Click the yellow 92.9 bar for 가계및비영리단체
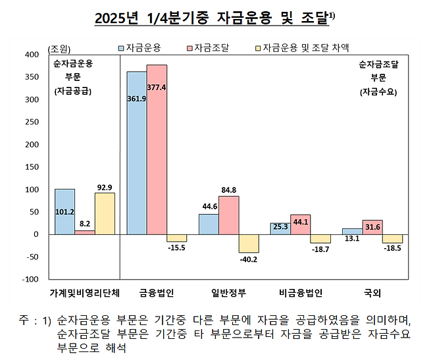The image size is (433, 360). point(105,213)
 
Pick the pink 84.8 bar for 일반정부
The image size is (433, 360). point(228,215)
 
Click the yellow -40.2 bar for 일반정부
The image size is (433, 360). point(249,244)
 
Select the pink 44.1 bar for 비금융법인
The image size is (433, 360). point(300,224)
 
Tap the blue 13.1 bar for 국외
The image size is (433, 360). point(352,231)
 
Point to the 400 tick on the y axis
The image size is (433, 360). point(30,55)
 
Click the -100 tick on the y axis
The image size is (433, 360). point(30,279)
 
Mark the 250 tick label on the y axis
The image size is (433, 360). point(30,122)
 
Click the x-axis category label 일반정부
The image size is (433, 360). point(228,290)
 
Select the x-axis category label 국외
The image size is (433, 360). point(372,290)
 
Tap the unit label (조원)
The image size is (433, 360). point(61,48)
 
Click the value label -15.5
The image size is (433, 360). point(176,249)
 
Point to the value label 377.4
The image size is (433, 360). point(157,86)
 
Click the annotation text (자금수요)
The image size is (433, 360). point(379,91)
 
